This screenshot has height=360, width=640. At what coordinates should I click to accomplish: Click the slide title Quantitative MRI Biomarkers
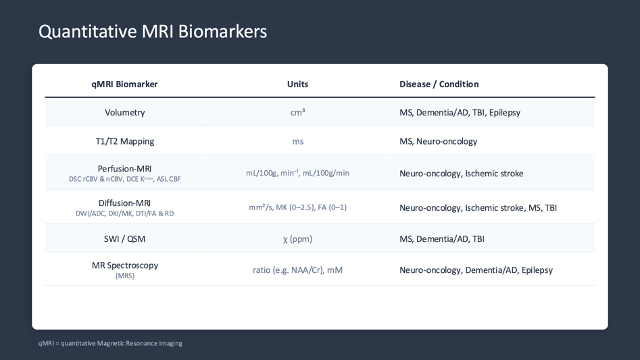point(153,31)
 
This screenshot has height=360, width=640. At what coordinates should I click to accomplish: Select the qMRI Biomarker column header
point(124,84)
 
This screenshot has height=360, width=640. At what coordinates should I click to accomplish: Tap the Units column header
point(297,84)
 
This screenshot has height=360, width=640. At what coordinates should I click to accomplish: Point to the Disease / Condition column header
point(439,84)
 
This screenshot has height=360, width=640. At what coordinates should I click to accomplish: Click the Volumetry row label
point(124,113)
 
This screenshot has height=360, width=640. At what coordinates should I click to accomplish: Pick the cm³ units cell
point(297,113)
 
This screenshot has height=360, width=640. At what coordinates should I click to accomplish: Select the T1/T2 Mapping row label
point(124,141)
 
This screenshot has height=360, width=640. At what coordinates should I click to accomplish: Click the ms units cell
point(297,141)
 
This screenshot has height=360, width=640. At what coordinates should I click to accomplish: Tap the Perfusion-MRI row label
point(124,169)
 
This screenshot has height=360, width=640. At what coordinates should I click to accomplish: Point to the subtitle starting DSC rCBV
point(124,180)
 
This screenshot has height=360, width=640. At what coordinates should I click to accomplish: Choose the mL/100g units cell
point(297,173)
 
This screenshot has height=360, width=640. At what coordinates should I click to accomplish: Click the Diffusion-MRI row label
point(124,203)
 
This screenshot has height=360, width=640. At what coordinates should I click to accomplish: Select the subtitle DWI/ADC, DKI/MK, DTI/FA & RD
point(124,213)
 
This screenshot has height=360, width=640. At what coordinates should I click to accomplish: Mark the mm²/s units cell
point(297,207)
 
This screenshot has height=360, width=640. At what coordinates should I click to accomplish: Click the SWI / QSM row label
point(124,238)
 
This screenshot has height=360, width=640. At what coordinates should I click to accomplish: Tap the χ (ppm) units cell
point(297,238)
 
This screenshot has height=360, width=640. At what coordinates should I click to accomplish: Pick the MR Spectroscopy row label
point(124,265)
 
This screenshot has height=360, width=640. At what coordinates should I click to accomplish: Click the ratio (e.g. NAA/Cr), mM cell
point(297,269)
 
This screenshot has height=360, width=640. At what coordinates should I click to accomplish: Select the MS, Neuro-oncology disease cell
point(438,141)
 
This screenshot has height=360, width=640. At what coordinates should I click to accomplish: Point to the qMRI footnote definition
point(110,343)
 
